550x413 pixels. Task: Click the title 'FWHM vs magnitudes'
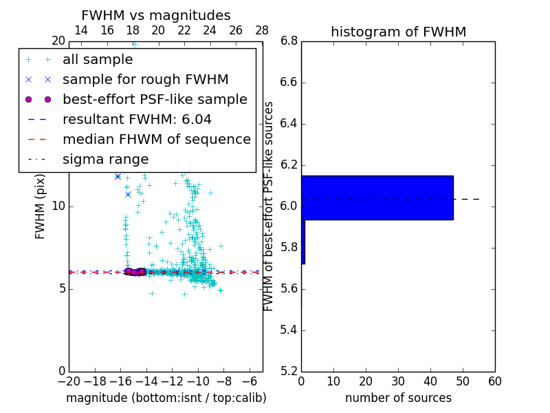pos(156,15)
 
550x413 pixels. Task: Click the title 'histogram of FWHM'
pos(398,32)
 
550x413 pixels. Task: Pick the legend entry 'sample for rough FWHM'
pos(145,80)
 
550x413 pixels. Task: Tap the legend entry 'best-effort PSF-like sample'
pos(155,100)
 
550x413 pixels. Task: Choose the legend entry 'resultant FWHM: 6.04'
pos(137,120)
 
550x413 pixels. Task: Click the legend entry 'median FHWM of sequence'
pos(156,140)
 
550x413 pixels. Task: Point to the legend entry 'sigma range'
pos(105,160)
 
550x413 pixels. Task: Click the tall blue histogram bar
pos(377,198)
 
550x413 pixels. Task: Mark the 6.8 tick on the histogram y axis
pos(289,41)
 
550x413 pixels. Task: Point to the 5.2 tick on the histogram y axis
pos(289,371)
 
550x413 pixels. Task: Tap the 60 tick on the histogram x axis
pos(494,381)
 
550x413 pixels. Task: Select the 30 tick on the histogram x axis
pos(398,381)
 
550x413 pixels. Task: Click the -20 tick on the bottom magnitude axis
pos(69,381)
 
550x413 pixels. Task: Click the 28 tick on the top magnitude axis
pos(262,30)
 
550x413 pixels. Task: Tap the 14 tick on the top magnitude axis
pos(80,30)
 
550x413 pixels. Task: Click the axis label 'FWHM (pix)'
pos(41,206)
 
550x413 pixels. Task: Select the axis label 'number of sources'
pos(398,398)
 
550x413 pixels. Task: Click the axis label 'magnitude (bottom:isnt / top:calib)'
pos(166,398)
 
